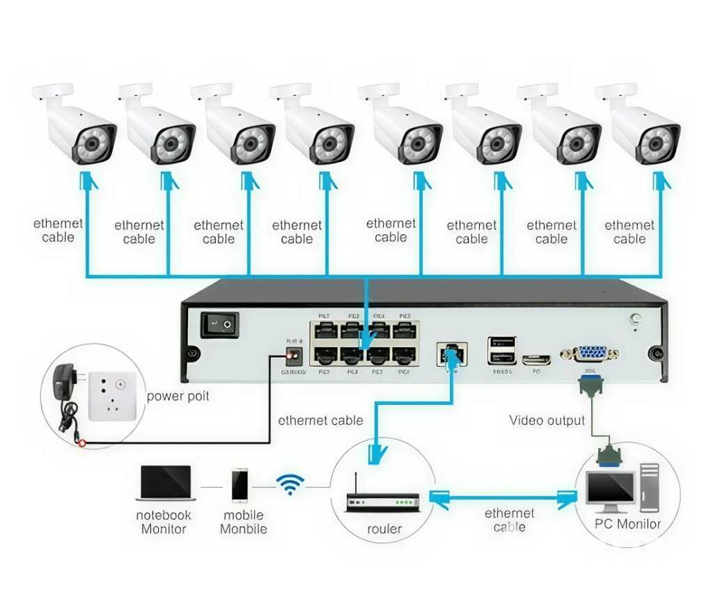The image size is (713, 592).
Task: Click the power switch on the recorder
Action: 219,324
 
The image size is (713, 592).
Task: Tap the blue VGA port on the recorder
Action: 590,353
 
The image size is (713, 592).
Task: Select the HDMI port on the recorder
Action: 536,359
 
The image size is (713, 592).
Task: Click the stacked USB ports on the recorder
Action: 502,350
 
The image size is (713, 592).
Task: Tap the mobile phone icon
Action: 240,485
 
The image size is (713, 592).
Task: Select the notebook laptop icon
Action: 166,483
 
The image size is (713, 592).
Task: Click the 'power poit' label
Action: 178,397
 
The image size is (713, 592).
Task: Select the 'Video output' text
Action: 547,420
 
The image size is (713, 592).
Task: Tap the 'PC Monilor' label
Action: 627,524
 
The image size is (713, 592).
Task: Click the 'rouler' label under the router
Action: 384,529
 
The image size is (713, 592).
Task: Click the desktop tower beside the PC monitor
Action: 649,486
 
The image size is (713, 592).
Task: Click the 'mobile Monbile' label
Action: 243,522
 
